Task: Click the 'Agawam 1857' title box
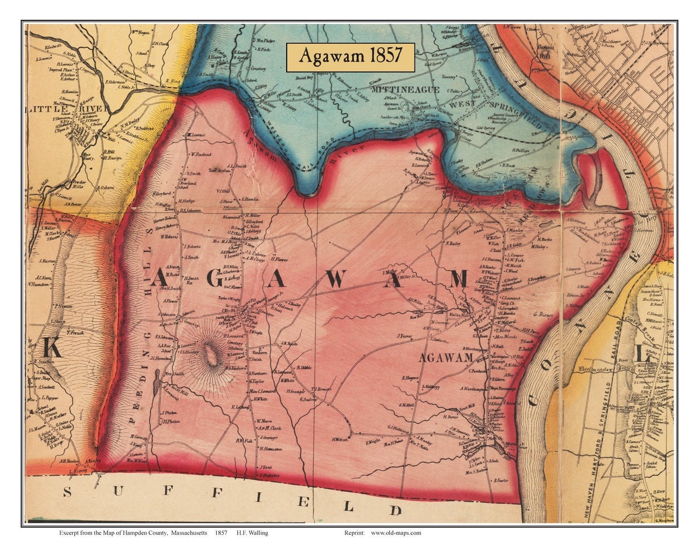point(351,57)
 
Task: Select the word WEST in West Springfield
point(463,104)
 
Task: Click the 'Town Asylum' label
point(219,171)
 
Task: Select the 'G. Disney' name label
point(544,315)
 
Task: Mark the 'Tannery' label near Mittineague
point(432,77)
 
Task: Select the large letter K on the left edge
point(51,348)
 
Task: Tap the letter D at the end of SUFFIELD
point(395,509)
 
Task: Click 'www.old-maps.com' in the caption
point(396,533)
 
